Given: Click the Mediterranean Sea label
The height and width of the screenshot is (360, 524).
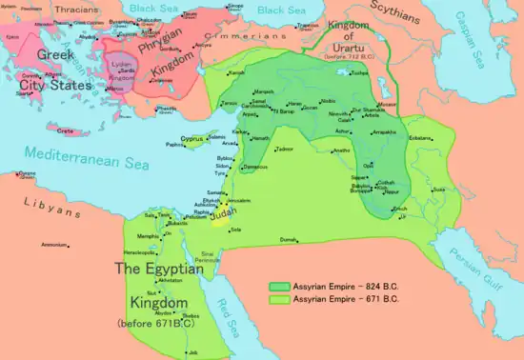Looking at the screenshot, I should coord(85,152).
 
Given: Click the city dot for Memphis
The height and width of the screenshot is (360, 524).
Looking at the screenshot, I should coord(161,234).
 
